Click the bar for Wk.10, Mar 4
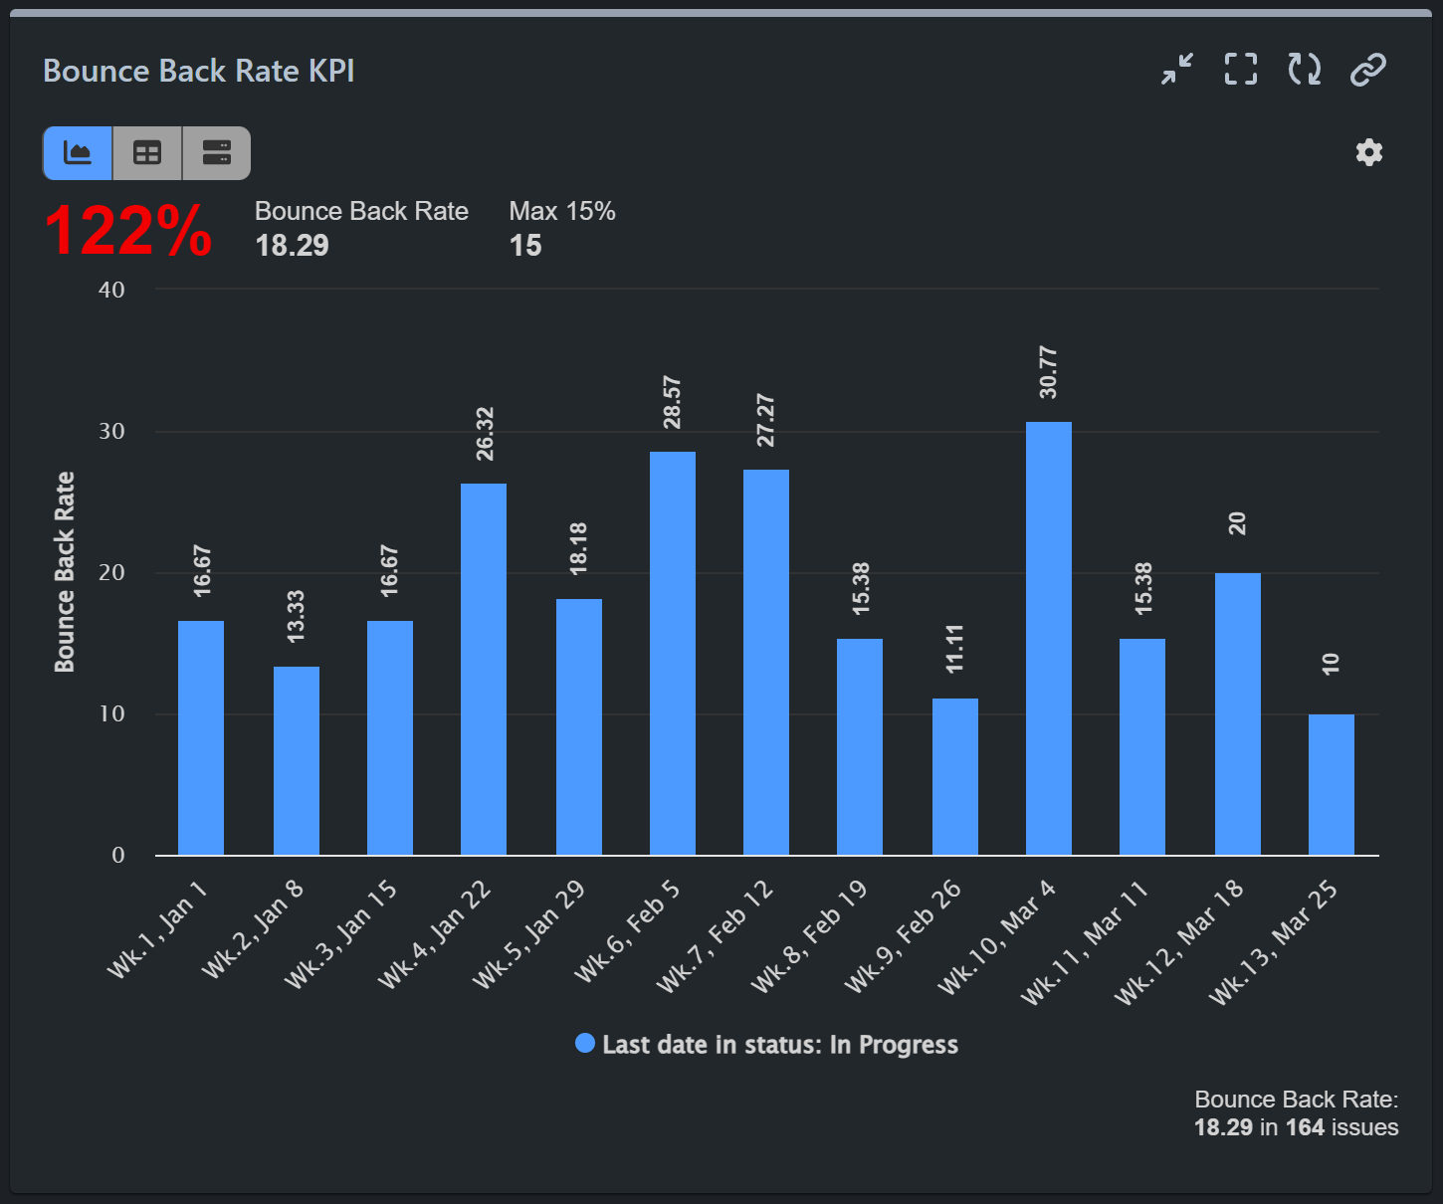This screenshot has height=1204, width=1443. [1049, 638]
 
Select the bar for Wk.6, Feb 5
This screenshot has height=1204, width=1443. [673, 653]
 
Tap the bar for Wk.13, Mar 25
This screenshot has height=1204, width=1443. [1331, 784]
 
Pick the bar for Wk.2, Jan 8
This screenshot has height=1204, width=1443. [297, 760]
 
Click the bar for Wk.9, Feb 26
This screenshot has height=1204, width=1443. [955, 776]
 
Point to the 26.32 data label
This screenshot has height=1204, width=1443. [485, 434]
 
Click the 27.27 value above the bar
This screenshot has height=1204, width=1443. [765, 420]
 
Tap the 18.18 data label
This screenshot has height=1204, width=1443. [578, 548]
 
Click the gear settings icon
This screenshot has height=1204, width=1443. [1369, 152]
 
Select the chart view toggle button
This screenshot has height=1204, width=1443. [78, 153]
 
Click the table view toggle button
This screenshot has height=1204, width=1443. [147, 153]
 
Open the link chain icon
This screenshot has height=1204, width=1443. [1367, 70]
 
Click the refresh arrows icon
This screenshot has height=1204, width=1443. [1304, 70]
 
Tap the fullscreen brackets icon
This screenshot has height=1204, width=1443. [1240, 70]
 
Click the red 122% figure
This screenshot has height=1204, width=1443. [127, 231]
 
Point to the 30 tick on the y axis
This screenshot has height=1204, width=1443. [111, 431]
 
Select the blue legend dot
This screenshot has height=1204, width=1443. [585, 1043]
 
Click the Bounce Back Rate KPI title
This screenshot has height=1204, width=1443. [199, 71]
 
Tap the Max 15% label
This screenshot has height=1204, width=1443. [561, 211]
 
